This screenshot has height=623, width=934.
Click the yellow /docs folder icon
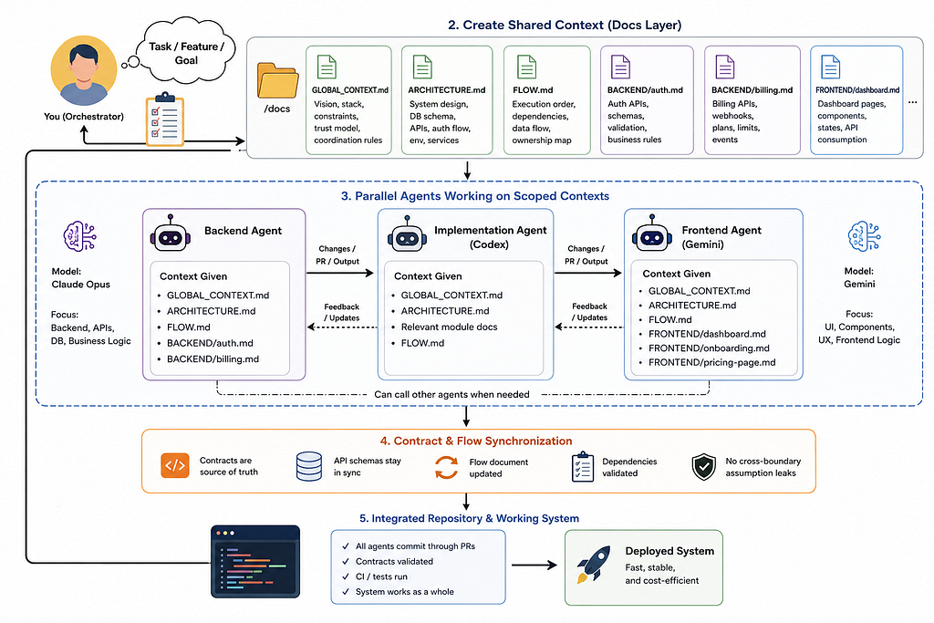277,80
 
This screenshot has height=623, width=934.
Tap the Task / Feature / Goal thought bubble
186,51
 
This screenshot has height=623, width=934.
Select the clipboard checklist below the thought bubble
165,119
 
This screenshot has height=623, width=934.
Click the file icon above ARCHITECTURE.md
422,67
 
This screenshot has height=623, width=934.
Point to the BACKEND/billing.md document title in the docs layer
752,90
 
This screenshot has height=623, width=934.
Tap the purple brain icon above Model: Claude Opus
80,236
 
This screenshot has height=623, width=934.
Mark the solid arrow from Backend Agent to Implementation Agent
340,273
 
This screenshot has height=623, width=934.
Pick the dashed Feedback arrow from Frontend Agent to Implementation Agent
588,327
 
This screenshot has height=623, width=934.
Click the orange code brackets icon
174,466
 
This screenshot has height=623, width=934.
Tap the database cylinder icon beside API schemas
309,466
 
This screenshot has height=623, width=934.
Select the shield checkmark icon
703,466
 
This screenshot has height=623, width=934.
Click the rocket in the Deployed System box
594,564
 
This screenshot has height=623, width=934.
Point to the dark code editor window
255,561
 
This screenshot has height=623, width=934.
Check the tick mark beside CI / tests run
346,576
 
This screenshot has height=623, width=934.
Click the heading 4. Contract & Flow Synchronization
476,441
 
